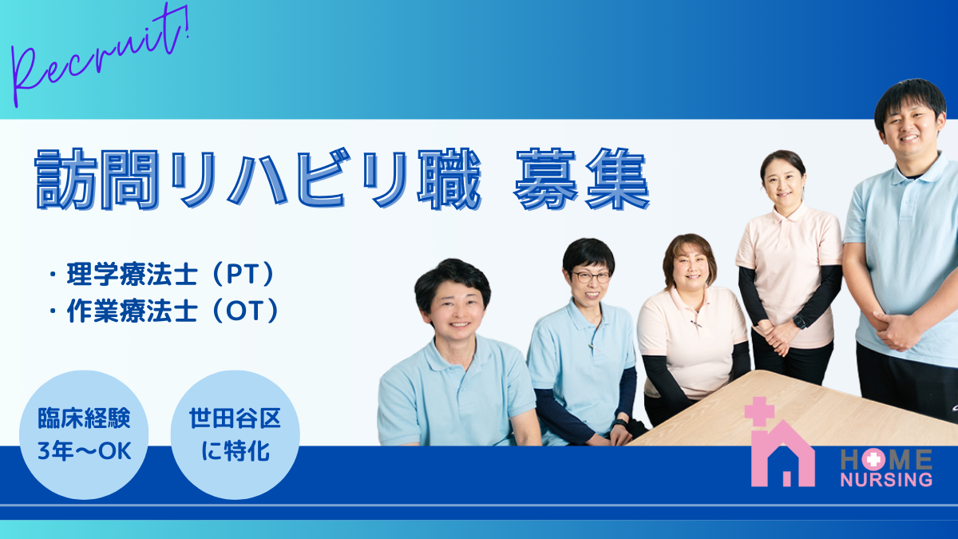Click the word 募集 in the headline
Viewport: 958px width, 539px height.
(582, 179)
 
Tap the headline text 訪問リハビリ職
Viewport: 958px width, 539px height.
(259, 179)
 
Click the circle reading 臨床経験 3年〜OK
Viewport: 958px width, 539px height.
(84, 434)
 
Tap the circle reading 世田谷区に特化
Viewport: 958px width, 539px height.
(236, 434)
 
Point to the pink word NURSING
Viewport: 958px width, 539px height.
(886, 480)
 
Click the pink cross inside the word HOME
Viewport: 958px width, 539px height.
(873, 459)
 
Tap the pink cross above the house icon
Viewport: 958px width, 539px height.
(759, 411)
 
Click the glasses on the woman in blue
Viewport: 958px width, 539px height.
(592, 277)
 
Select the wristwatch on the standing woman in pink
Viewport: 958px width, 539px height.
(799, 321)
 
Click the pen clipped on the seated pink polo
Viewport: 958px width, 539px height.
(696, 324)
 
